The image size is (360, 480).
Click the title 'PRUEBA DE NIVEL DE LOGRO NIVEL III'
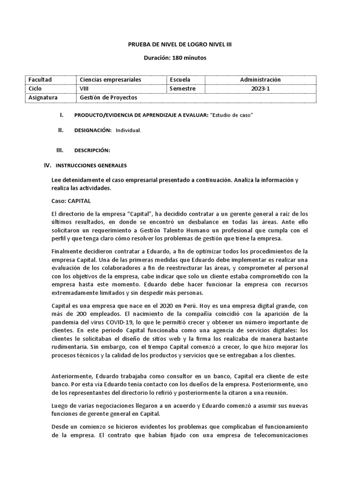(x=180, y=45)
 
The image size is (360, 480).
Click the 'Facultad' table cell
(x=40, y=80)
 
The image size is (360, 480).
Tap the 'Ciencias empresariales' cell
(x=111, y=80)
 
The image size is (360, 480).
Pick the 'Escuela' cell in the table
(x=180, y=80)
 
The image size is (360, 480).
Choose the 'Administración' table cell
(x=260, y=80)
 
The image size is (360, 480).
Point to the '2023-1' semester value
(x=260, y=89)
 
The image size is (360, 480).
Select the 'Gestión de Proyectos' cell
(x=109, y=97)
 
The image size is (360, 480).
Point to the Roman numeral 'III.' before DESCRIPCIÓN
(x=59, y=150)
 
